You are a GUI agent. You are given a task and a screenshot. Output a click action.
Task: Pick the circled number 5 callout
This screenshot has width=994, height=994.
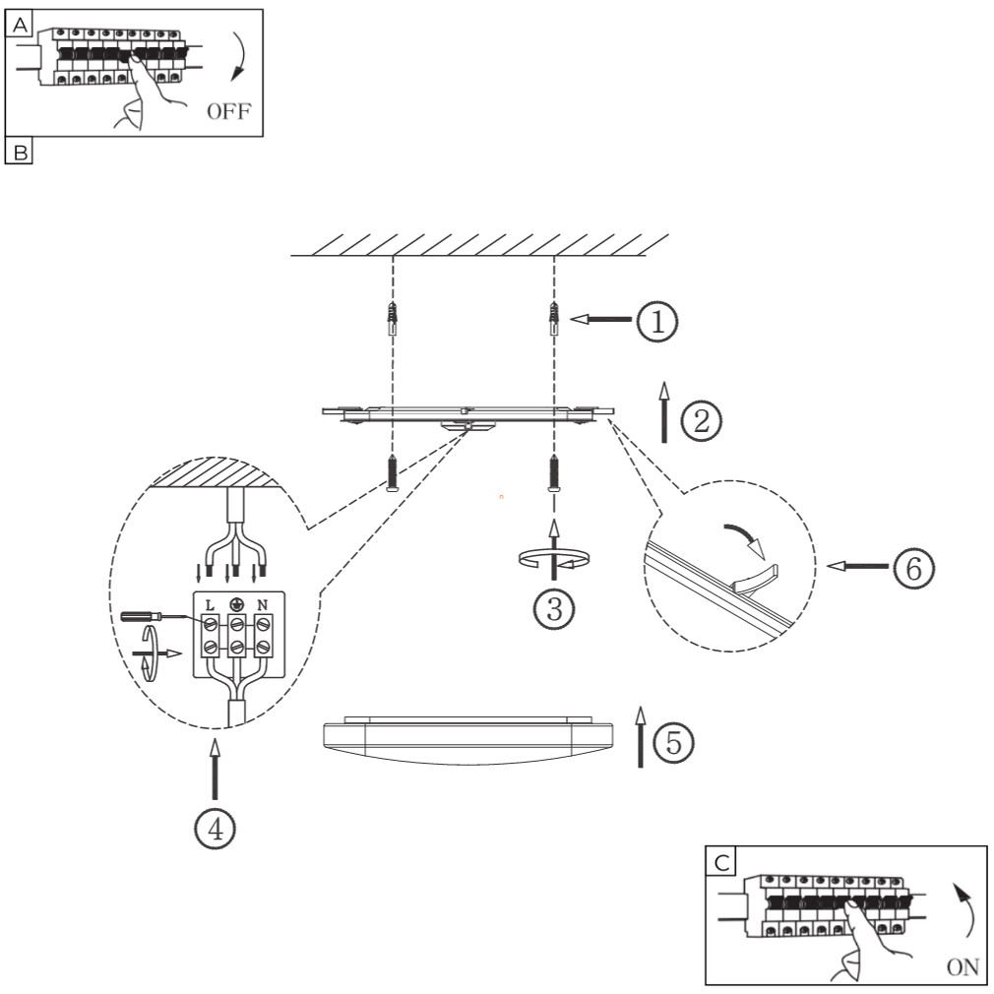(x=673, y=743)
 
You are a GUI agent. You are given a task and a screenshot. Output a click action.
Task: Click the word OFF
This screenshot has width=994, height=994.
(x=228, y=113)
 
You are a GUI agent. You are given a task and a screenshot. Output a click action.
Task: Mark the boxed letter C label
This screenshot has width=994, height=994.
(x=722, y=862)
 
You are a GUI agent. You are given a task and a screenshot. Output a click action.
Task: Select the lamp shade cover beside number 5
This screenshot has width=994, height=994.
(x=468, y=738)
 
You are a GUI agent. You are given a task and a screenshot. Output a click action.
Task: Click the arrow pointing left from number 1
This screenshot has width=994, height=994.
(x=599, y=319)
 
